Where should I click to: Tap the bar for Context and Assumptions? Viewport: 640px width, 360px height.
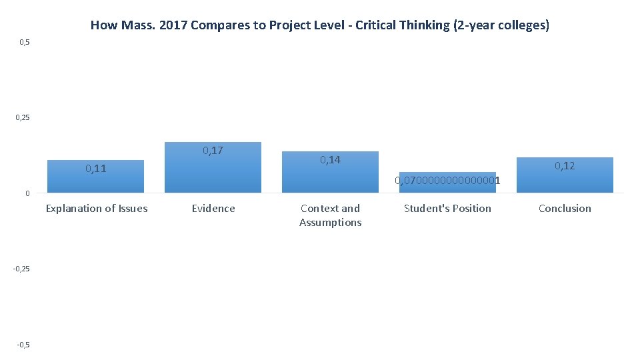pyautogui.click(x=330, y=177)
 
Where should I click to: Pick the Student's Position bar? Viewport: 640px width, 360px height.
pyautogui.click(x=447, y=187)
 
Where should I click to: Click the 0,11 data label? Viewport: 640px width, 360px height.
pyautogui.click(x=95, y=169)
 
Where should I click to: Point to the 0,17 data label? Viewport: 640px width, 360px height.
pyautogui.click(x=213, y=151)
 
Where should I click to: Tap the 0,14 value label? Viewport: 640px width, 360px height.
pyautogui.click(x=330, y=160)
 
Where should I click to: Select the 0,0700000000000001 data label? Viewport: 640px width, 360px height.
pyautogui.click(x=447, y=181)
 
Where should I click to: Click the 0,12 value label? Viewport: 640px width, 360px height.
pyautogui.click(x=565, y=166)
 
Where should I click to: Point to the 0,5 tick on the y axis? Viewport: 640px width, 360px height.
pyautogui.click(x=25, y=43)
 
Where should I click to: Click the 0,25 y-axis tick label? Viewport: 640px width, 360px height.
pyautogui.click(x=23, y=118)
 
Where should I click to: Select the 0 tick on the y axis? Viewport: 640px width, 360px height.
pyautogui.click(x=27, y=193)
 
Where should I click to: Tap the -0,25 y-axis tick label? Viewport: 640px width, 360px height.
pyautogui.click(x=22, y=269)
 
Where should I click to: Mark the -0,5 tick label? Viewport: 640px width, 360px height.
pyautogui.click(x=23, y=344)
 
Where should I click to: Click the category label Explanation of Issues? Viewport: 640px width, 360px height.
pyautogui.click(x=97, y=209)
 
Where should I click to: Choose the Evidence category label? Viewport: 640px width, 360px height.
pyautogui.click(x=213, y=209)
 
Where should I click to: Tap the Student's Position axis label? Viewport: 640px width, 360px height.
pyautogui.click(x=447, y=209)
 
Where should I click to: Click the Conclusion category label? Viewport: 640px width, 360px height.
pyautogui.click(x=565, y=209)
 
